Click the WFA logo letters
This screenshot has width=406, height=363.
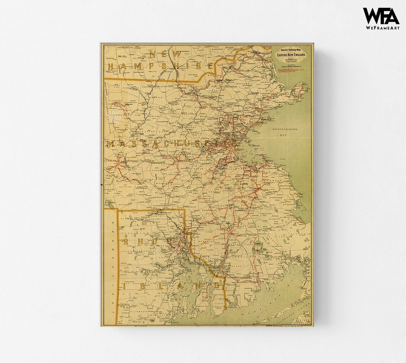click(x=381, y=16)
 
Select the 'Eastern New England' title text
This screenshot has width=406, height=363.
click(x=291, y=55)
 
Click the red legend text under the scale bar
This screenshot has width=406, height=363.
click(x=291, y=69)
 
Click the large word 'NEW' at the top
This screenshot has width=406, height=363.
click(x=165, y=54)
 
